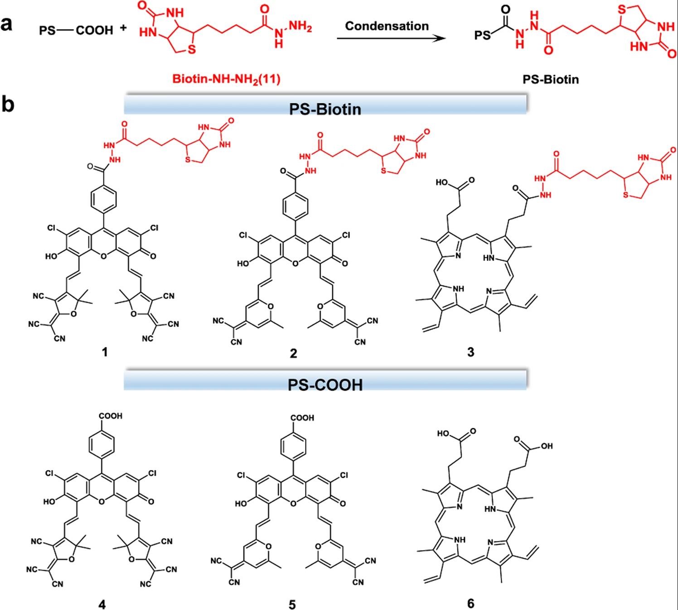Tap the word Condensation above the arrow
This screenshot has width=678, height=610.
pyautogui.click(x=387, y=26)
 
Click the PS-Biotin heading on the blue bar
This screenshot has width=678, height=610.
pyautogui.click(x=325, y=109)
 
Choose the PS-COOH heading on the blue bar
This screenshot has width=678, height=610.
pyautogui.click(x=325, y=384)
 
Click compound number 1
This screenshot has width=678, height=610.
pyautogui.click(x=105, y=352)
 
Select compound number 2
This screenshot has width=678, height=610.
pyautogui.click(x=293, y=353)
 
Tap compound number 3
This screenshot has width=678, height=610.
pyautogui.click(x=471, y=352)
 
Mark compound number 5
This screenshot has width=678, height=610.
pyautogui.click(x=292, y=604)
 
